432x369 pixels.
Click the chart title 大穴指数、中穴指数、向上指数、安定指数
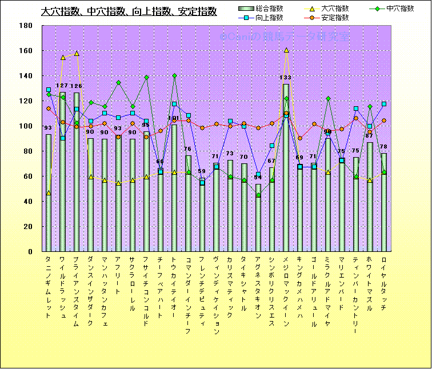129,11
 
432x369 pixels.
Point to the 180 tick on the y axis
25,26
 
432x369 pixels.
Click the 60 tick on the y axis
27,177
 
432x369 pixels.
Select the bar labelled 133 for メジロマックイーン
286,168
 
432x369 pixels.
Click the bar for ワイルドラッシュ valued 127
62,171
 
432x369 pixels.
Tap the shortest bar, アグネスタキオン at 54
258,218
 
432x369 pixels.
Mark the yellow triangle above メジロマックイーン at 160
286,50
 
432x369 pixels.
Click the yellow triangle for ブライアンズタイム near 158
77,53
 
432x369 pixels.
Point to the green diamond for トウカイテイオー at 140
174,76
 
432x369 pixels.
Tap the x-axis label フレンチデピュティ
202,291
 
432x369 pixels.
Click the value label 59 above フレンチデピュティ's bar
202,171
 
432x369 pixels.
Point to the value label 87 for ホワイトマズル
370,136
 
